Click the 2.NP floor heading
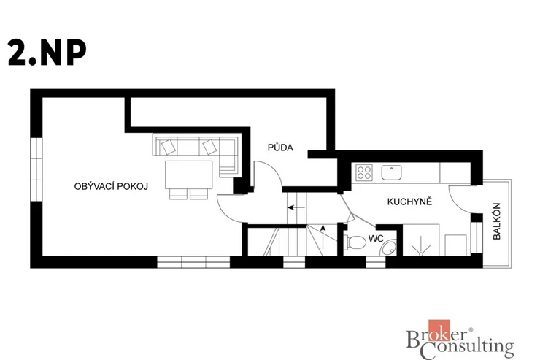[47, 52]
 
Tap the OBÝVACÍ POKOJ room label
[111, 186]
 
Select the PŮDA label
[280, 148]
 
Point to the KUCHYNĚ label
[409, 202]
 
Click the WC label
[376, 238]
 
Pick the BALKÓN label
[497, 221]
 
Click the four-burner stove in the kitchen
[364, 172]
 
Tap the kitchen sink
[391, 172]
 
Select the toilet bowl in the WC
[355, 242]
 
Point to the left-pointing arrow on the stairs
[296, 207]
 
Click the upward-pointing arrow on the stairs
[323, 237]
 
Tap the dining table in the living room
[189, 175]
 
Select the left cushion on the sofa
[169, 147]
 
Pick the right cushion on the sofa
[209, 147]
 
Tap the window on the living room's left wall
[36, 170]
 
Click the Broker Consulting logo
[460, 340]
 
